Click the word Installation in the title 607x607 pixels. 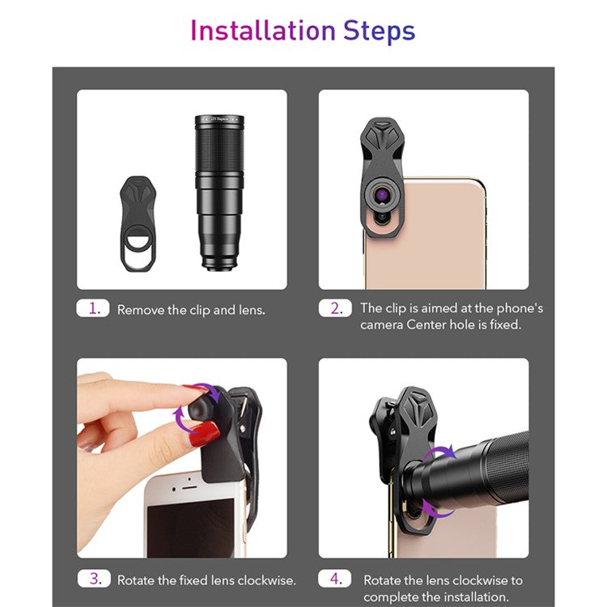pyautogui.click(x=263, y=31)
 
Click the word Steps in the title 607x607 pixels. pyautogui.click(x=379, y=32)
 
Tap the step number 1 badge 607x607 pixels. pyautogui.click(x=93, y=308)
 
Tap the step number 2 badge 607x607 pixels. pyautogui.click(x=335, y=308)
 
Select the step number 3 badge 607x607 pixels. pyautogui.click(x=94, y=579)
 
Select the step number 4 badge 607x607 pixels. pyautogui.click(x=335, y=579)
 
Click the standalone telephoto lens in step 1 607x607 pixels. pyautogui.click(x=219, y=193)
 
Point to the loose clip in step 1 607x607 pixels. pyautogui.click(x=138, y=223)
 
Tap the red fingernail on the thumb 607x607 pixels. pyautogui.click(x=206, y=434)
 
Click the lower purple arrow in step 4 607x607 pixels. pyautogui.click(x=437, y=509)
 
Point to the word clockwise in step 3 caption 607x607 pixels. pyautogui.click(x=267, y=580)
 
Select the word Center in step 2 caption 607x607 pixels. pyautogui.click(x=426, y=325)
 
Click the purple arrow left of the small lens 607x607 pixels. pyautogui.click(x=181, y=419)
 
